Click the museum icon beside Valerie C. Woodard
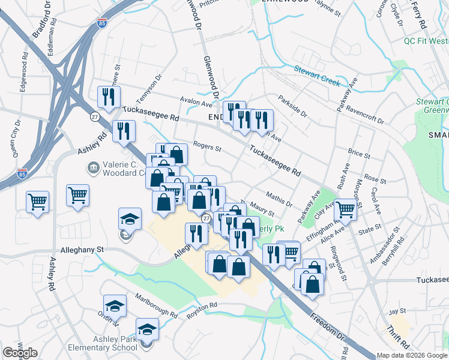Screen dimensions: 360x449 94,167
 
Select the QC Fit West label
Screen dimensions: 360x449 426,41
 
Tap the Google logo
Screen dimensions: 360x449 20,353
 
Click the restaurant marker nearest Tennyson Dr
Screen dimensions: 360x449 109,97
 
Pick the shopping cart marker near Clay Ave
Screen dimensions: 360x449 345,209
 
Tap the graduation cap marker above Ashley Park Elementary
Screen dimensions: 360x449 147,329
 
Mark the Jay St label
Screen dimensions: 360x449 397,311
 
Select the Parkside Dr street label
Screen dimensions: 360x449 292,106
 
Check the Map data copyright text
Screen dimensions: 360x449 412,355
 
